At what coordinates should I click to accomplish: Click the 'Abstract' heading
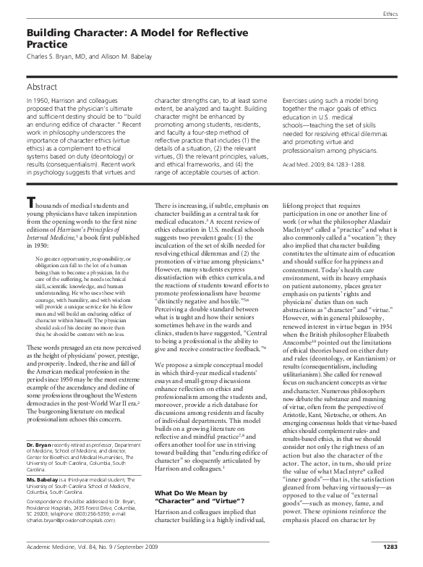tap(45, 85)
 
